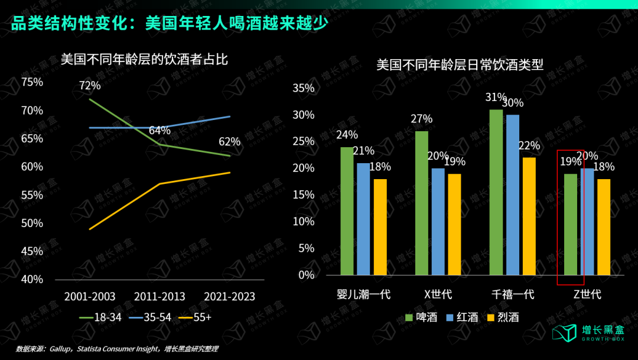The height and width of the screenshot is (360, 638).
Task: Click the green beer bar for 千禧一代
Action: (496, 192)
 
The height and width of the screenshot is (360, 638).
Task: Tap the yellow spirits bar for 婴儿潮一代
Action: (380, 227)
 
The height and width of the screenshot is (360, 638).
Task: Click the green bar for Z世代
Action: (570, 224)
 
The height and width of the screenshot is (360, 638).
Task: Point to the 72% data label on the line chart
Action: (90, 86)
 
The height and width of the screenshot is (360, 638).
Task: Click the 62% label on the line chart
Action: (229, 142)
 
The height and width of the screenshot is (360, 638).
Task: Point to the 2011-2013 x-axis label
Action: (159, 296)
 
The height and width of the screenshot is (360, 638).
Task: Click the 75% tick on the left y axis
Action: (32, 82)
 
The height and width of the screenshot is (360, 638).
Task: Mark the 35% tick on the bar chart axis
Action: (304, 88)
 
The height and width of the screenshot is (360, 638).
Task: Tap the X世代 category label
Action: (438, 294)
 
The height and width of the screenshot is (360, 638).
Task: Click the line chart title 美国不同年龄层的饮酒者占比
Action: (144, 60)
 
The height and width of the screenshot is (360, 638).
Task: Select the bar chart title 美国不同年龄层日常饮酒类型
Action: (460, 64)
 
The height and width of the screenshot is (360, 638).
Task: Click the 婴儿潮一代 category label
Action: (363, 294)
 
